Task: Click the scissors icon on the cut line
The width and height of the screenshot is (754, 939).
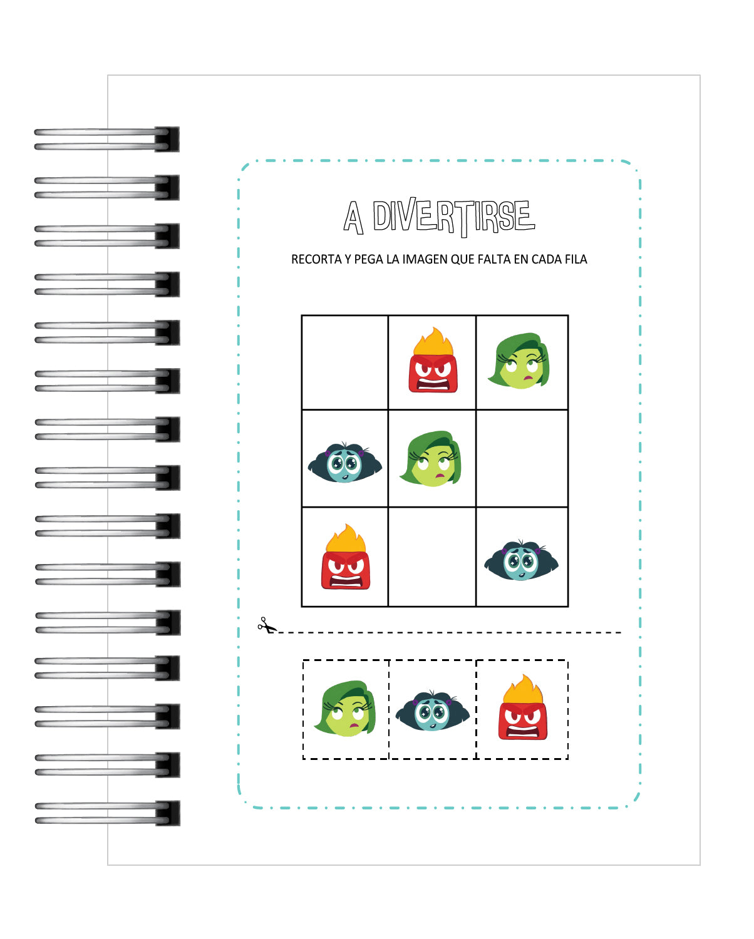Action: click(267, 625)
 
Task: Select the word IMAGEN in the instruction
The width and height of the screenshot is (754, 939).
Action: click(425, 259)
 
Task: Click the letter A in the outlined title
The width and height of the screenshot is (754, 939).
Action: click(353, 217)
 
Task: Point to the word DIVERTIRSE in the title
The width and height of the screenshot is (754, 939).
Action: click(453, 217)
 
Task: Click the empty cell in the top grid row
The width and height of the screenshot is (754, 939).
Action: click(344, 362)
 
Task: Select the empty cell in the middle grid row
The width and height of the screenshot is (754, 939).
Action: click(522, 458)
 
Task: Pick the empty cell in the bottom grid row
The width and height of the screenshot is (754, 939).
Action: click(431, 557)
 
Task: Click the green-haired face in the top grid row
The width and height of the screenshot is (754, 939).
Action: click(519, 361)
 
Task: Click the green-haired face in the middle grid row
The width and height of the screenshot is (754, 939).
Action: click(431, 458)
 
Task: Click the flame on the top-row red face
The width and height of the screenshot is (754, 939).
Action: click(433, 342)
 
